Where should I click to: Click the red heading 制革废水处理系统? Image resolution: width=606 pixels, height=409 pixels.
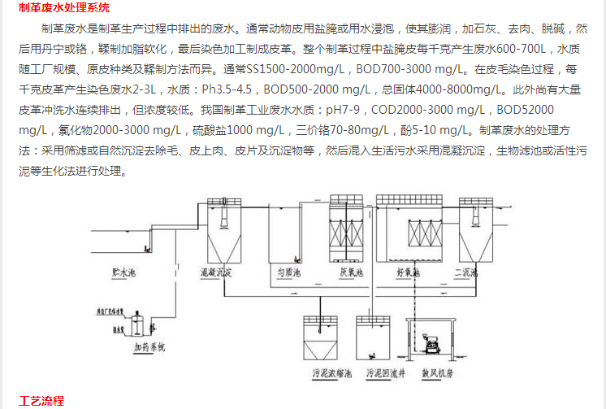pos(64,8)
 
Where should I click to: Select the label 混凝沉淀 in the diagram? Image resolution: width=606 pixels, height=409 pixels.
pos(217,272)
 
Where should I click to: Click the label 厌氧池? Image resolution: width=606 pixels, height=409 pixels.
pos(351,271)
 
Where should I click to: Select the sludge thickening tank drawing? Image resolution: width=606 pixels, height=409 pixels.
pos(323,337)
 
